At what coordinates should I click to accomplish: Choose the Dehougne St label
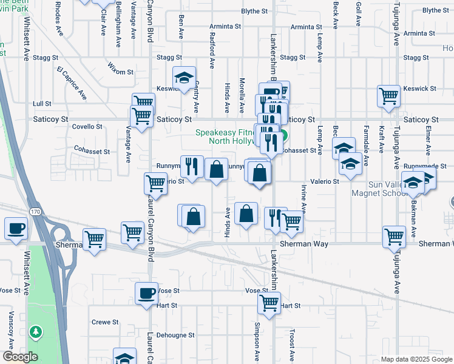pyautogui.click(x=175, y=334)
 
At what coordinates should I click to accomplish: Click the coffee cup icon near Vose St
pyautogui.click(x=146, y=294)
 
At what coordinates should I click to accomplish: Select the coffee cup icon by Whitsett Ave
pyautogui.click(x=16, y=229)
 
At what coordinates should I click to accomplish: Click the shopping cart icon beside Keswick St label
pyautogui.click(x=388, y=96)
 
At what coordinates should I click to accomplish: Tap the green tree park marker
pyautogui.click(x=36, y=332)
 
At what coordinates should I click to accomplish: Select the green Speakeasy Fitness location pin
pyautogui.click(x=283, y=137)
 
